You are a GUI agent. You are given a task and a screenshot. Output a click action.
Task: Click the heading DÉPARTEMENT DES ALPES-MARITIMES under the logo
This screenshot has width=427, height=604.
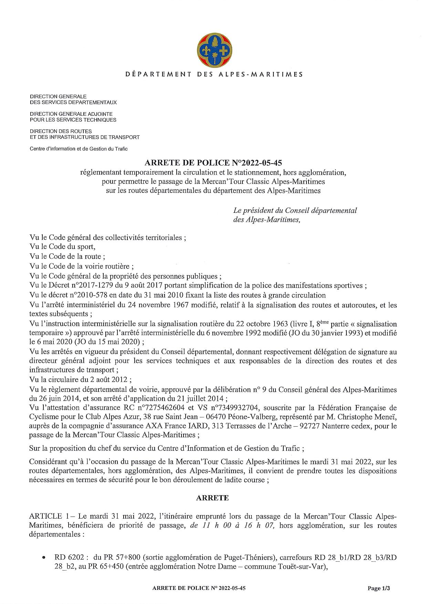click(x=213, y=74)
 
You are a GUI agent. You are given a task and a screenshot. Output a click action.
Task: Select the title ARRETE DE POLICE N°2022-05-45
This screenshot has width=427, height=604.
click(x=213, y=162)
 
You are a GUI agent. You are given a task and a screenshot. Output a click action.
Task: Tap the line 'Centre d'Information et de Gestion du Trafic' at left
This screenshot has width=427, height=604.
click(x=79, y=149)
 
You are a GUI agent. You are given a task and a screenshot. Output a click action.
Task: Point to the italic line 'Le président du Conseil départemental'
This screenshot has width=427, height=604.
click(x=295, y=210)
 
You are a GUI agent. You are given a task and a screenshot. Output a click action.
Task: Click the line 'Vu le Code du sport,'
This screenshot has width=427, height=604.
click(x=63, y=247)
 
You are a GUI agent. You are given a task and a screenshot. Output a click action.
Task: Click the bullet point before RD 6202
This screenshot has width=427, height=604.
click(x=44, y=557)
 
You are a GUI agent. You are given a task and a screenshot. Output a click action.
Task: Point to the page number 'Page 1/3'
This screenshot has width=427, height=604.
click(x=379, y=589)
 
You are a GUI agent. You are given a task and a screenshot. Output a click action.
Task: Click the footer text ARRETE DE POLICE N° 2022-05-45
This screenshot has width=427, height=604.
click(x=199, y=589)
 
